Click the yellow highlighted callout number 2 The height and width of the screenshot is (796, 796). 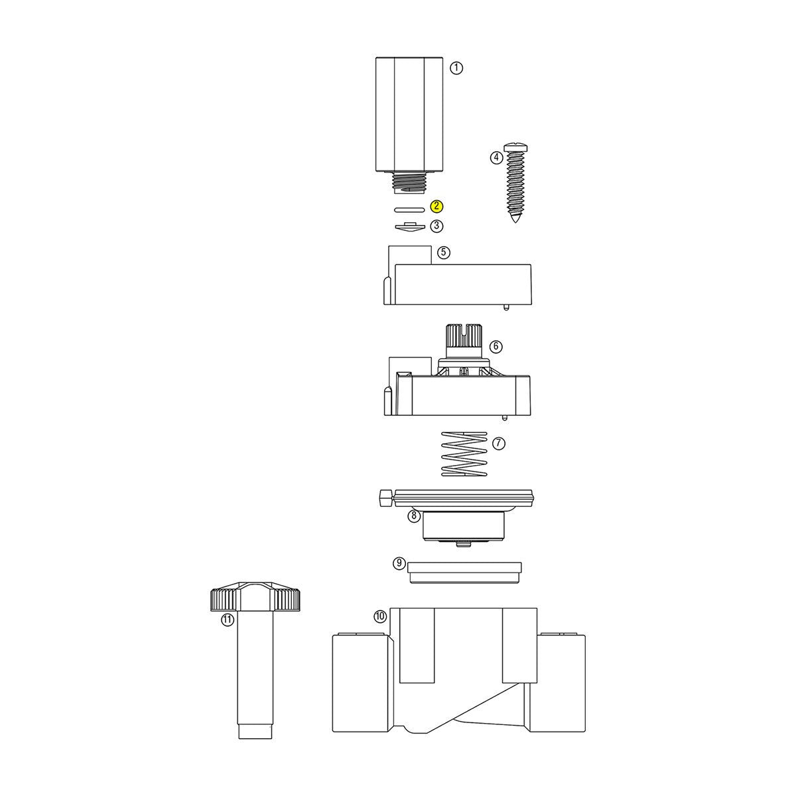(x=436, y=207)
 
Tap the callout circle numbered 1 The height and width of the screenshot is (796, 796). (x=456, y=68)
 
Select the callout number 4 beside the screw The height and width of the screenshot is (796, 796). (x=496, y=158)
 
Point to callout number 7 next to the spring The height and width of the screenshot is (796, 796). (x=499, y=442)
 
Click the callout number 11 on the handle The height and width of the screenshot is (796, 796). (x=228, y=620)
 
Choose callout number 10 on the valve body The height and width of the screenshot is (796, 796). (x=379, y=616)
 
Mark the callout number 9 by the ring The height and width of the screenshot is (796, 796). (x=399, y=563)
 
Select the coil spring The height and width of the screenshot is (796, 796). (x=464, y=454)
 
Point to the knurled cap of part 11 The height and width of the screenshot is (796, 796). (x=256, y=598)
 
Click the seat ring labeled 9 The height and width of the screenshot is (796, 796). (x=464, y=572)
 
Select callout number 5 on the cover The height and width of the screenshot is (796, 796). (x=444, y=252)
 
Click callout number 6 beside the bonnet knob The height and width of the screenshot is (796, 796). (x=496, y=346)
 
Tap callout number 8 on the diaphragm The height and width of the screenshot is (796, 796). (x=413, y=515)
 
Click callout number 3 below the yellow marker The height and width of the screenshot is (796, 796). (x=436, y=226)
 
